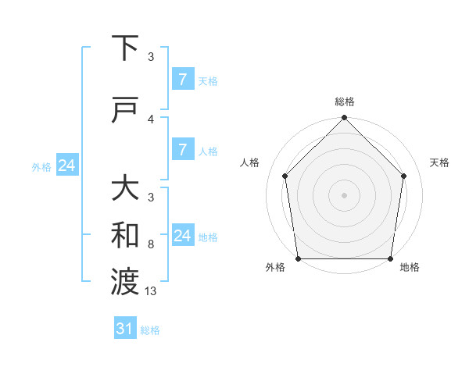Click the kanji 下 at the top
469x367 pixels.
point(126,49)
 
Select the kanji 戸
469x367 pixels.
point(126,110)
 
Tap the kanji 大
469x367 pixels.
point(126,190)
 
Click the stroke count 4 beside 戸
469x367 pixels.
point(151,119)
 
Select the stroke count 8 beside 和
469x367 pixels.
point(151,244)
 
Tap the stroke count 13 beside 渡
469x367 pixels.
point(152,290)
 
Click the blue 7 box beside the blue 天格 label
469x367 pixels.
point(182,80)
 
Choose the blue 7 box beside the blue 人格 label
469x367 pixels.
point(182,150)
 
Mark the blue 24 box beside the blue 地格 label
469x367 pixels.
point(182,236)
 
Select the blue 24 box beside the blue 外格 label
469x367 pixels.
point(66,166)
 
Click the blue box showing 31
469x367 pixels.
point(124,330)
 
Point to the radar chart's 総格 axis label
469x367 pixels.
point(345,102)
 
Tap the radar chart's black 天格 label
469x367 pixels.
point(440,162)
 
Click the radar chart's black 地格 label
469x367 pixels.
point(410,268)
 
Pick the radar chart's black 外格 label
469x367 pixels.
point(275,268)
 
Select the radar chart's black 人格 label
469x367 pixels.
point(250,162)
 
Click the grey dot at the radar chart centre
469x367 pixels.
point(345,194)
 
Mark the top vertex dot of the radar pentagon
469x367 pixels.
point(345,119)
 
